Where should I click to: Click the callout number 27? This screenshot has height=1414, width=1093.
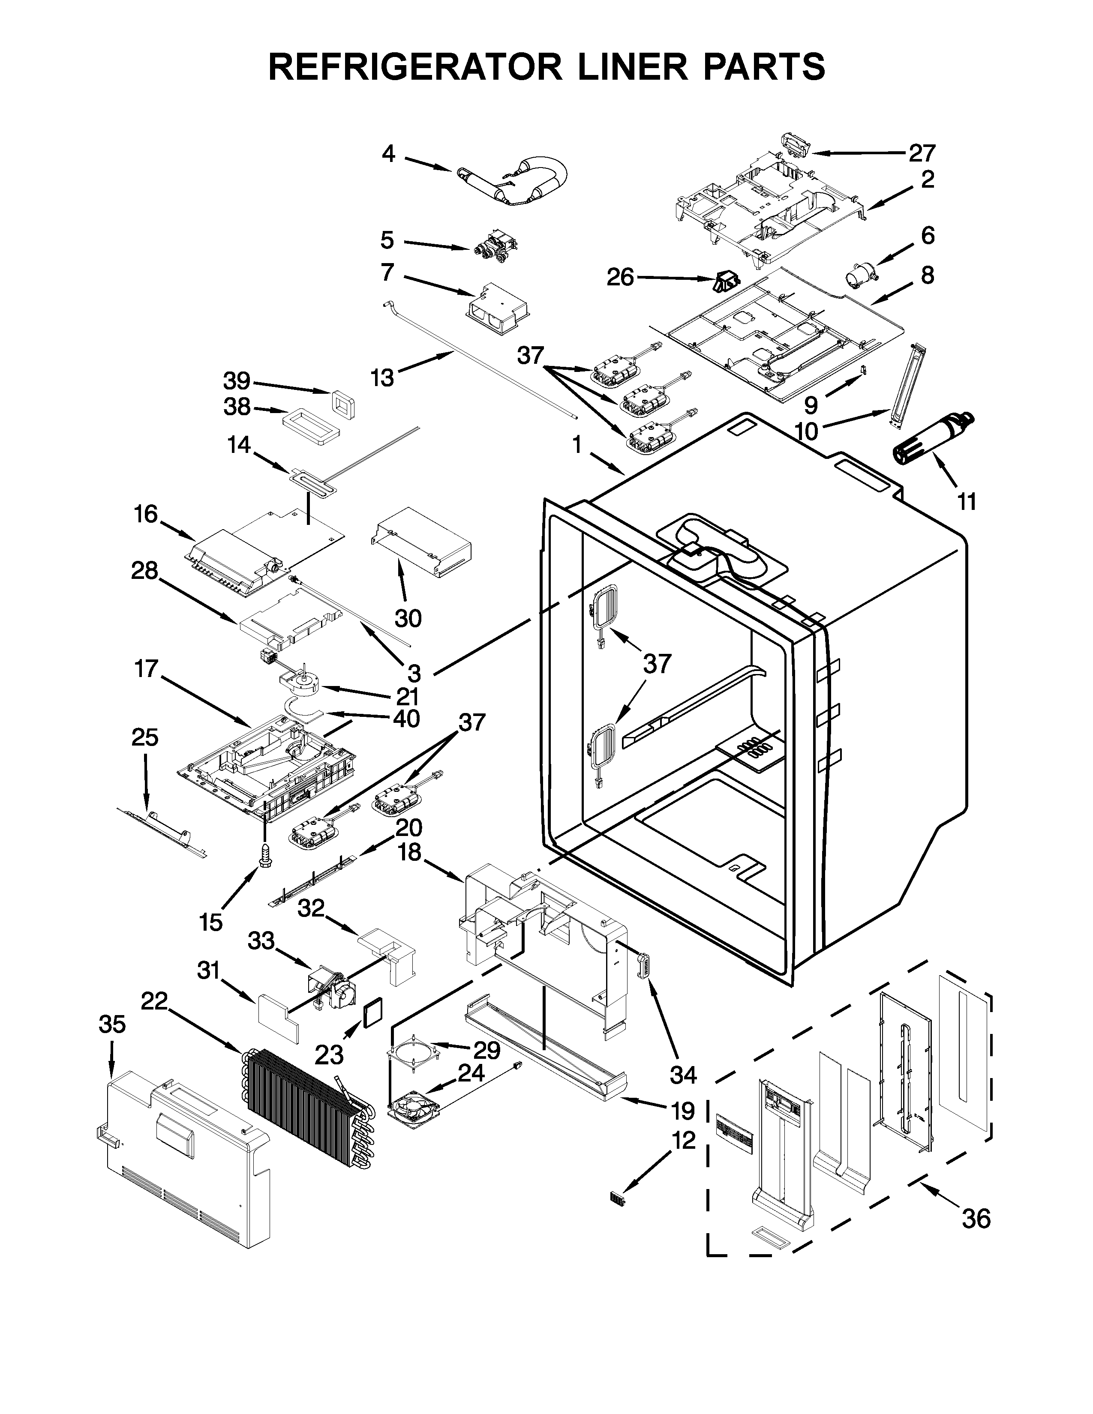click(x=922, y=153)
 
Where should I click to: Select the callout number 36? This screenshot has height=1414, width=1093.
click(x=976, y=1219)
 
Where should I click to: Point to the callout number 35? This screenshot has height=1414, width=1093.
click(x=112, y=1024)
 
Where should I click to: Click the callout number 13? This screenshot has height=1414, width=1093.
click(x=382, y=377)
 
